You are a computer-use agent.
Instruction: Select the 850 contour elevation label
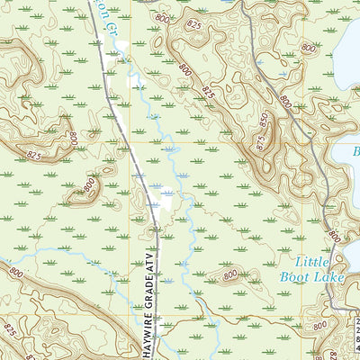(265, 118)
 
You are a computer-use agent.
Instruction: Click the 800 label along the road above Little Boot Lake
(333, 236)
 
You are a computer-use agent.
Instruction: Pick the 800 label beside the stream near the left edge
(16, 269)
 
